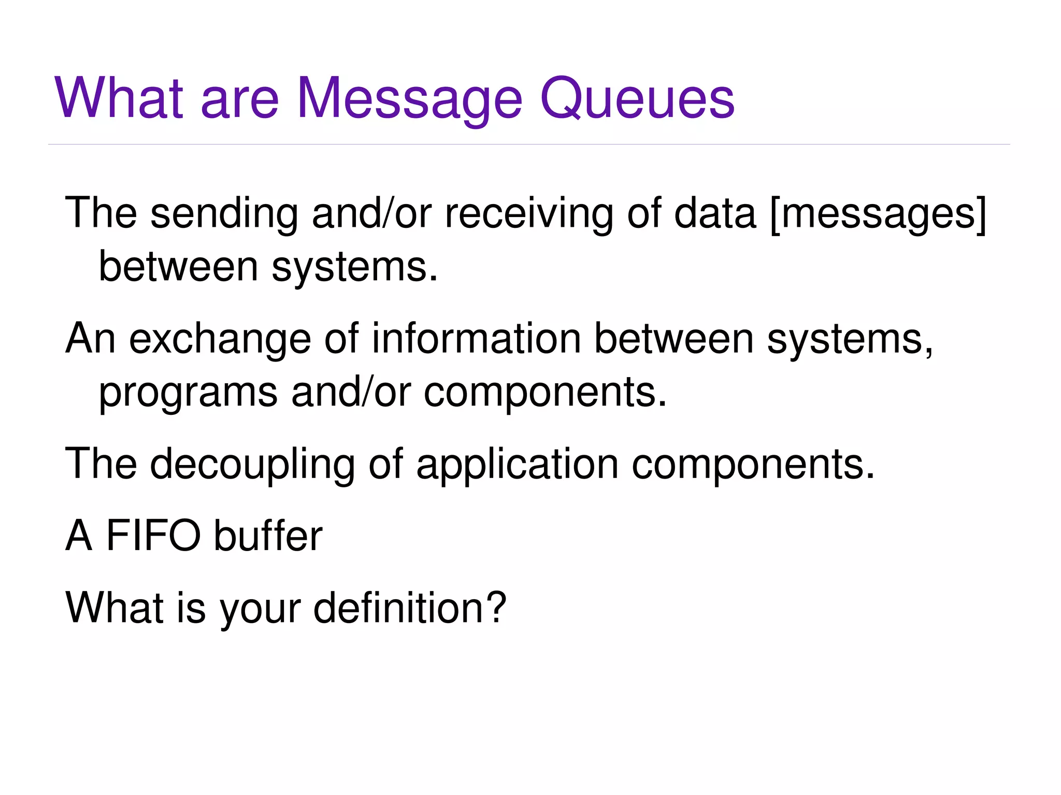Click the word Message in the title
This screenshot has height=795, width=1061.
tap(409, 99)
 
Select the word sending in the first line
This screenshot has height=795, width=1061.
tap(224, 214)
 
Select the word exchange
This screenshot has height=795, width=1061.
tap(220, 339)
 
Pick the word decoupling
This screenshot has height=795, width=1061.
tap(252, 465)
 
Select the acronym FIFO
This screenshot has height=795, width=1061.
tap(153, 536)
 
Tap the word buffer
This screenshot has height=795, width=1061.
tap(268, 536)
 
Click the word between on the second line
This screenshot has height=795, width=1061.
tap(178, 267)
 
